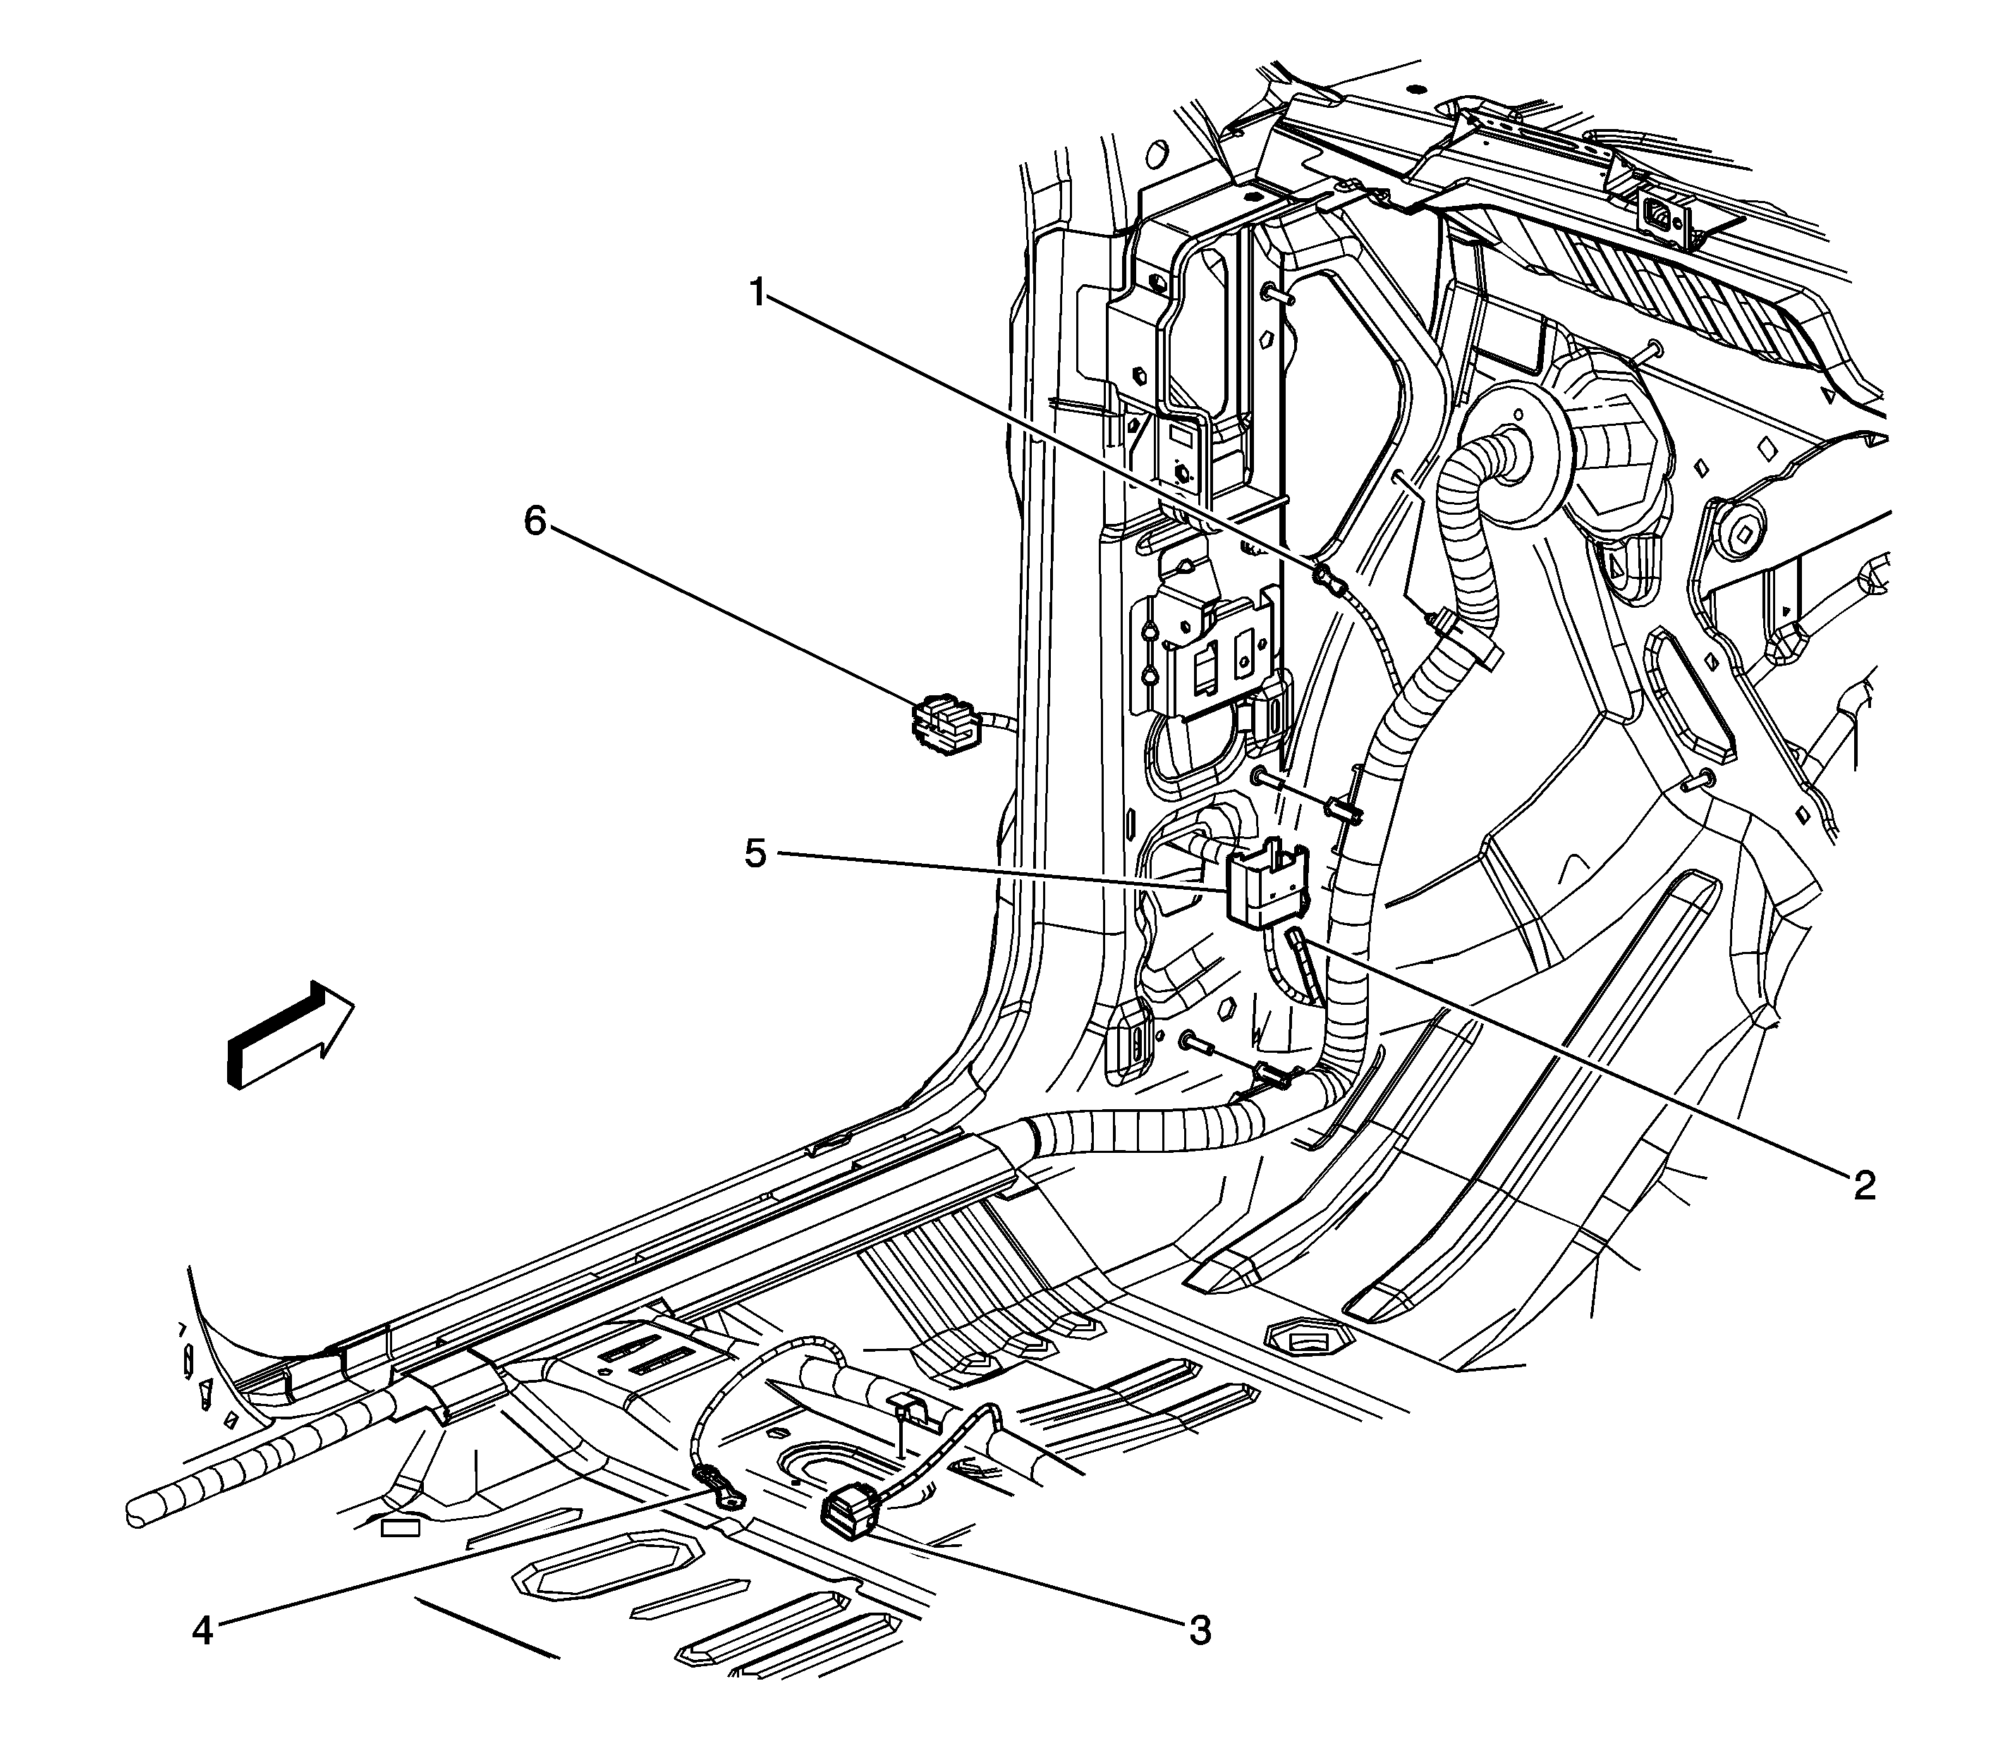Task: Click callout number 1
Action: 757,293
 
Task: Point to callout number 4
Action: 202,1632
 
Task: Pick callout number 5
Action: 755,853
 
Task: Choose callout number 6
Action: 535,522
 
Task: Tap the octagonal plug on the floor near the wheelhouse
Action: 1303,1338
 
